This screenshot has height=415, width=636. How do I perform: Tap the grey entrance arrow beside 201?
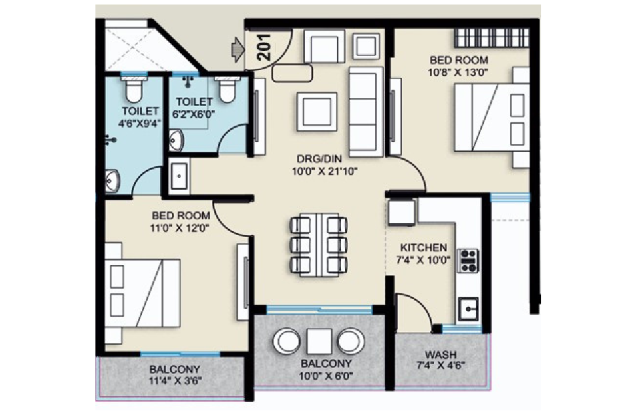pyautogui.click(x=237, y=49)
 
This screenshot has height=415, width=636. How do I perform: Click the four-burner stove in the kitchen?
pyautogui.click(x=468, y=260)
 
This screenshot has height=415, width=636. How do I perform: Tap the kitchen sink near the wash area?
pyautogui.click(x=468, y=309)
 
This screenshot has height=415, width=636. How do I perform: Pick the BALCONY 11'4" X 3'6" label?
pyautogui.click(x=175, y=370)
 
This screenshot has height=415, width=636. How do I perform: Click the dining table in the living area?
pyautogui.click(x=319, y=244)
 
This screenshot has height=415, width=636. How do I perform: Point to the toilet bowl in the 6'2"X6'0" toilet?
pyautogui.click(x=227, y=90)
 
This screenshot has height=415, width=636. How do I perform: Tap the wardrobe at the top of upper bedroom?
pyautogui.click(x=491, y=37)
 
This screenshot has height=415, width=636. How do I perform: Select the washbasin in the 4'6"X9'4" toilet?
pyautogui.click(x=112, y=180)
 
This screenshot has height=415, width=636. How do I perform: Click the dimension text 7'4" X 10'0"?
pyautogui.click(x=419, y=260)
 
